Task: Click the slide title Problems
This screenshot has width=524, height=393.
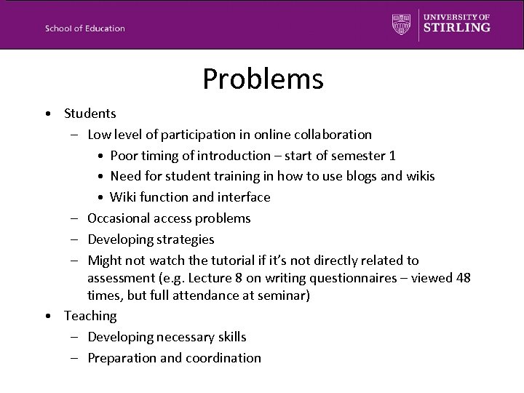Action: click(x=263, y=79)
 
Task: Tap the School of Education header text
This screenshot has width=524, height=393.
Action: click(x=85, y=28)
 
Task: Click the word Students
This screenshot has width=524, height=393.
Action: click(x=90, y=114)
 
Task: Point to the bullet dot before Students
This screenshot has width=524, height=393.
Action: click(x=47, y=114)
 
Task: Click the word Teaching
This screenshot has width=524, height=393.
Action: click(x=90, y=316)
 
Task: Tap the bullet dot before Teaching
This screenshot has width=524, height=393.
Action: click(x=47, y=317)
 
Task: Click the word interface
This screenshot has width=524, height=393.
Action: click(x=243, y=197)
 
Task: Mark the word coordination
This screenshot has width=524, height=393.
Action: click(x=222, y=358)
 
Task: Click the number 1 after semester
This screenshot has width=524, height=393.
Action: click(x=392, y=156)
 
